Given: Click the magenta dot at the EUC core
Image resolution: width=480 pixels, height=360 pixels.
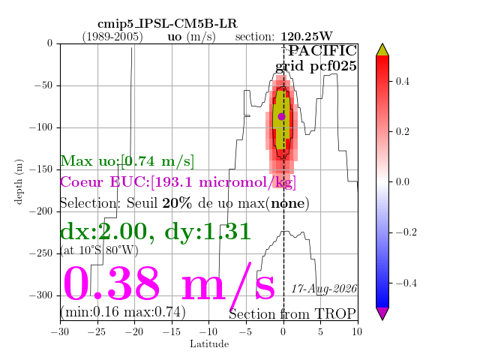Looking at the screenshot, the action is [282, 117].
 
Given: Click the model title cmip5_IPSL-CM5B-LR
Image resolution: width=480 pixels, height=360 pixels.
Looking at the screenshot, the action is [167, 23].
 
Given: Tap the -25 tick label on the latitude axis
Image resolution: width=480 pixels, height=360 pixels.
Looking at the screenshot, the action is [97, 331].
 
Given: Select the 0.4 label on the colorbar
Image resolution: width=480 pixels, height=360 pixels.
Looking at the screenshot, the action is [402, 82].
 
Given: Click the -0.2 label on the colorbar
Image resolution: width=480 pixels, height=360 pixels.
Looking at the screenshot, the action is [406, 232].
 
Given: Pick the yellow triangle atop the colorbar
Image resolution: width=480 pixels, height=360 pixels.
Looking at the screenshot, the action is [382, 50].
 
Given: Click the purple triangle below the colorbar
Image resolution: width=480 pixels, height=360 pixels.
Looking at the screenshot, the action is [382, 313].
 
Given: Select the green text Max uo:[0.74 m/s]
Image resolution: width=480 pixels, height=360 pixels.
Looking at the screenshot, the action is [127, 161].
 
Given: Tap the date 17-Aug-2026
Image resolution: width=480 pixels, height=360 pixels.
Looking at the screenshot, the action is [324, 289].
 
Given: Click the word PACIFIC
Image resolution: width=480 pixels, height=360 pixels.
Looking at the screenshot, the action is [322, 51].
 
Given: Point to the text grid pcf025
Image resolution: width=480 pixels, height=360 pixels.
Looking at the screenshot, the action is [316, 66].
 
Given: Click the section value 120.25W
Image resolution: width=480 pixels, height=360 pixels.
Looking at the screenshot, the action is [307, 37].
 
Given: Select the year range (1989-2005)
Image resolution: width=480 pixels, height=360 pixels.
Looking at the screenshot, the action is [112, 37].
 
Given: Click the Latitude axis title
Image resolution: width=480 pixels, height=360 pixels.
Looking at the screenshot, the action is [209, 344].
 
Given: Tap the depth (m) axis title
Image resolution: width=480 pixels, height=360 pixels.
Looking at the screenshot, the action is [18, 181].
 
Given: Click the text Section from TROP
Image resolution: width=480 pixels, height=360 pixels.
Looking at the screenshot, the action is [292, 314].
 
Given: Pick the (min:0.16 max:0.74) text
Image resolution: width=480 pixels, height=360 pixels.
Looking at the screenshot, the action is [123, 312].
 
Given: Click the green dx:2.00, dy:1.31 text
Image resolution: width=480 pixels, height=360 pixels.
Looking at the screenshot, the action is [155, 232].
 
